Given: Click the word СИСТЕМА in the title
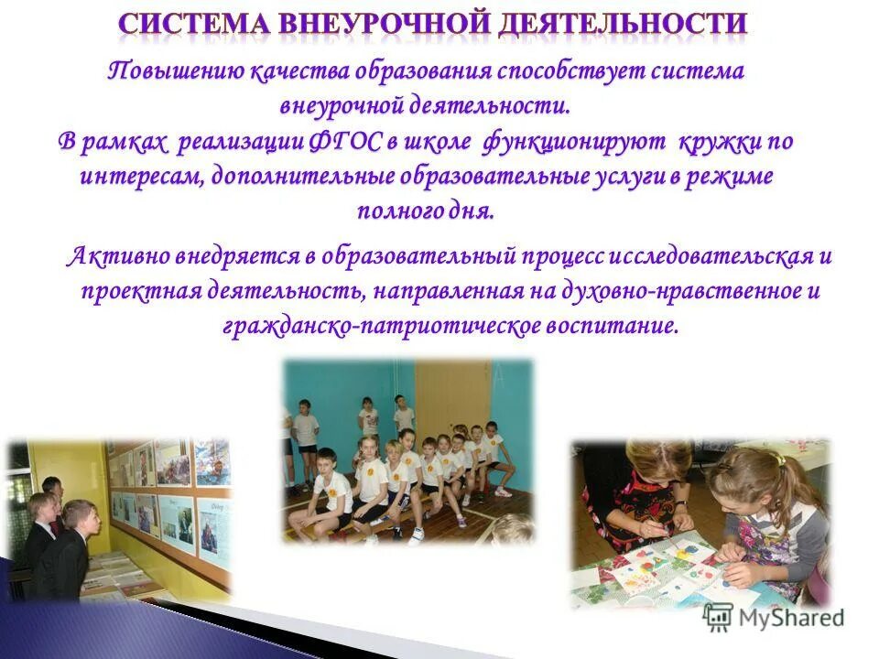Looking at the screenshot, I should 194,23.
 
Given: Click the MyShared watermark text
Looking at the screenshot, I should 789,618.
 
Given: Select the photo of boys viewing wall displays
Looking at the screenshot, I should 119,519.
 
